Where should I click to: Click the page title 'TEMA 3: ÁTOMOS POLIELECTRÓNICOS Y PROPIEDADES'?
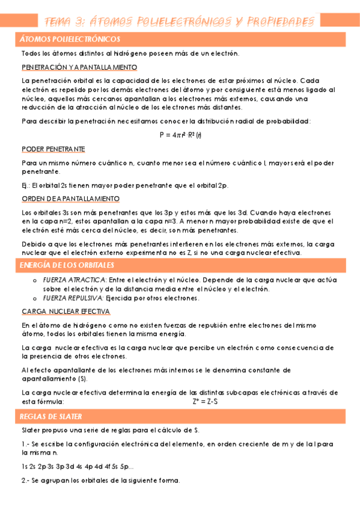pos(180,21)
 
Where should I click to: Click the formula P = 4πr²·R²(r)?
pos(180,135)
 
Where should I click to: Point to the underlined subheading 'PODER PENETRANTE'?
pos(53,149)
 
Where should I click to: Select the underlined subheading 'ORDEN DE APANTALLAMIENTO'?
pos(70,198)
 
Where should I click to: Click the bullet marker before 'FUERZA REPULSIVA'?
pos(34,298)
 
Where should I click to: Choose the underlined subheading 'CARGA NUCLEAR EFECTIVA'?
pos(66,312)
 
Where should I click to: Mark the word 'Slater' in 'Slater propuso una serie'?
pos(31,431)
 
